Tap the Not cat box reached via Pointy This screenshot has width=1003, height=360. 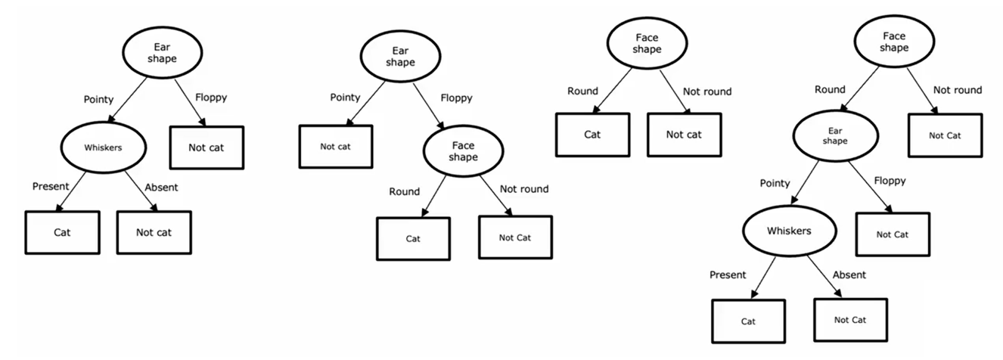click(x=336, y=146)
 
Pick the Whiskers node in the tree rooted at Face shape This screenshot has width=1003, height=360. click(x=789, y=231)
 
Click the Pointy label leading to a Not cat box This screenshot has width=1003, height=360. click(x=345, y=98)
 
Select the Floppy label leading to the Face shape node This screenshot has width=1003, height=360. click(x=456, y=98)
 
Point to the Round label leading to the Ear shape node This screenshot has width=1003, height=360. click(x=830, y=89)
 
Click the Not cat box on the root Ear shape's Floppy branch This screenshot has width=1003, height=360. click(x=206, y=147)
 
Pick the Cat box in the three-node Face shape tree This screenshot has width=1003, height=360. click(x=592, y=135)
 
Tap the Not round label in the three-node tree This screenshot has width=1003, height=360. click(x=707, y=92)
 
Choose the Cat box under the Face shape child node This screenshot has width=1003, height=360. click(x=413, y=238)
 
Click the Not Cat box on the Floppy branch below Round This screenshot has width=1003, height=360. click(x=892, y=234)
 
